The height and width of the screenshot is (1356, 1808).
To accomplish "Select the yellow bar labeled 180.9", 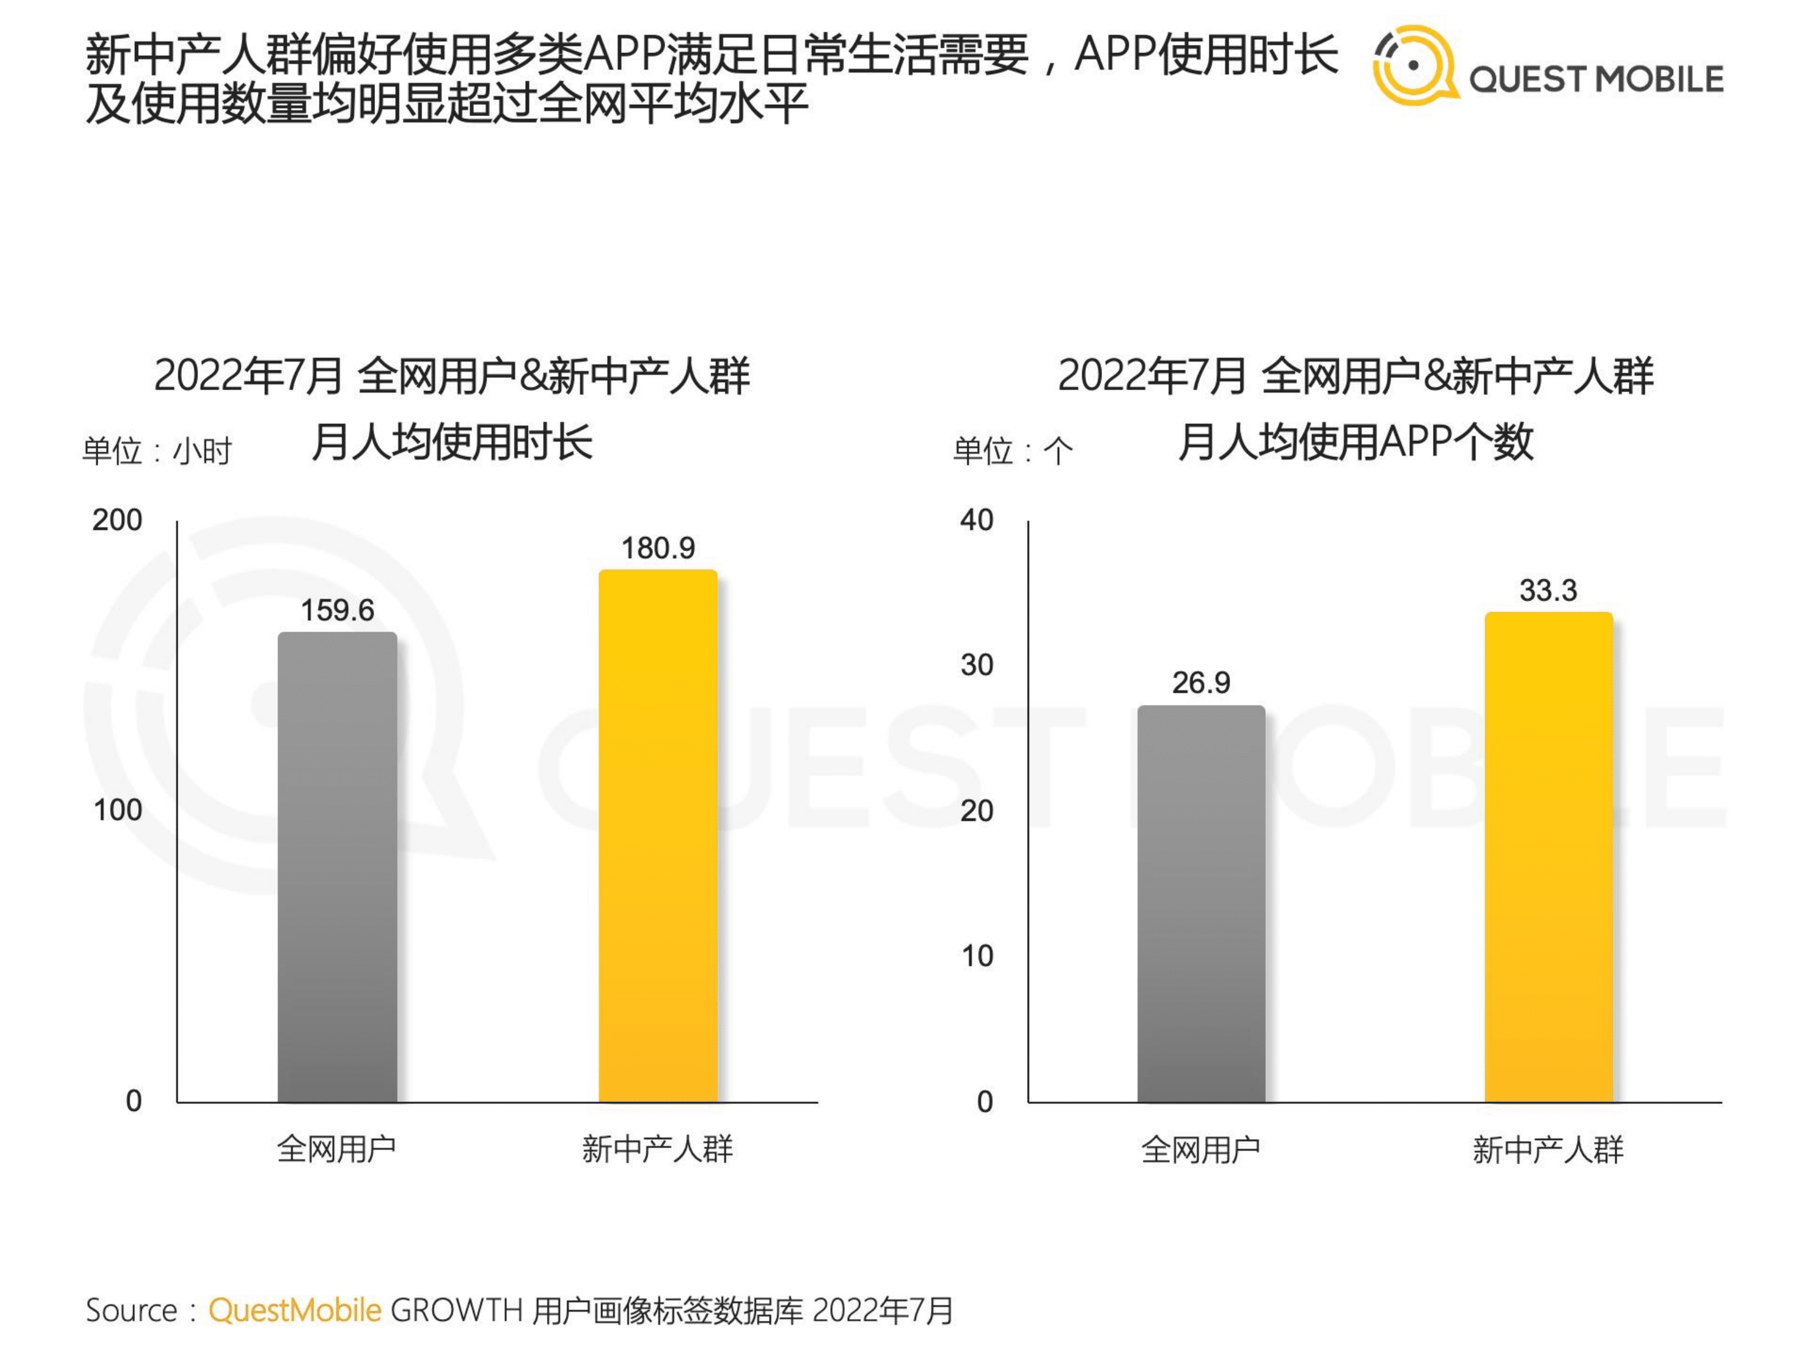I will pyautogui.click(x=658, y=836).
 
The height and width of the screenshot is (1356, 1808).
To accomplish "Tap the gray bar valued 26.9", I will pyautogui.click(x=1200, y=903).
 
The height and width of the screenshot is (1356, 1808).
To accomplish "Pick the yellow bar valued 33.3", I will pyautogui.click(x=1548, y=857).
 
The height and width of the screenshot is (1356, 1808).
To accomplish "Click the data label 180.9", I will pyautogui.click(x=658, y=548).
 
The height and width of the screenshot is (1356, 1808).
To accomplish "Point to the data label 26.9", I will pyautogui.click(x=1200, y=682).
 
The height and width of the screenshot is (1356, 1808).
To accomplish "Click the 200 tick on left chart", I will pyautogui.click(x=117, y=520).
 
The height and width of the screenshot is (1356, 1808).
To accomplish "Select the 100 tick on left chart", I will pyautogui.click(x=117, y=810).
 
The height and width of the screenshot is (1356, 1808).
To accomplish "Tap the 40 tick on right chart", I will pyautogui.click(x=977, y=520).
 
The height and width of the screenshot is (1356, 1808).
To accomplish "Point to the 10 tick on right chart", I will pyautogui.click(x=977, y=956).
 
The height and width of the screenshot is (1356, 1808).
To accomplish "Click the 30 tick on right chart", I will pyautogui.click(x=977, y=665).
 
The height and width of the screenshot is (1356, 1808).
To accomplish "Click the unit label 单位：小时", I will pyautogui.click(x=157, y=450).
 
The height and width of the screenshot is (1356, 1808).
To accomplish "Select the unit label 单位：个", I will pyautogui.click(x=1012, y=450).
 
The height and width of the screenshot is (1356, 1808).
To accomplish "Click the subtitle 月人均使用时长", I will pyautogui.click(x=452, y=442).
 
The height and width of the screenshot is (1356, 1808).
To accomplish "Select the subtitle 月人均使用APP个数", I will pyautogui.click(x=1355, y=442).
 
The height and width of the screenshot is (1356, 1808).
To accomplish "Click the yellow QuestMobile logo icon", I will pyautogui.click(x=1414, y=65).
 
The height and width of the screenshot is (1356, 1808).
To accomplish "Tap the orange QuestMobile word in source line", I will pyautogui.click(x=294, y=1310).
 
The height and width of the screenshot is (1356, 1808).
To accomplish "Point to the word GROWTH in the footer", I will pyautogui.click(x=456, y=1310).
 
